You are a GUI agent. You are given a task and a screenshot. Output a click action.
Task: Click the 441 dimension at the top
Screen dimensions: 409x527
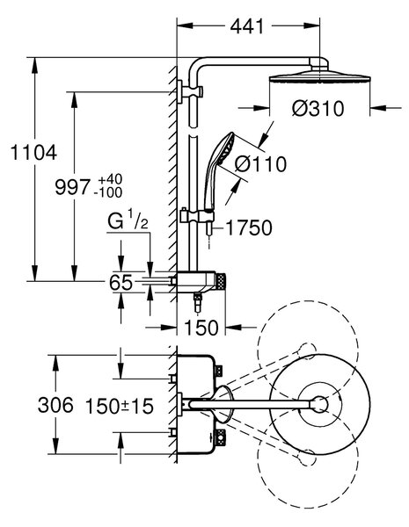(x=247, y=26)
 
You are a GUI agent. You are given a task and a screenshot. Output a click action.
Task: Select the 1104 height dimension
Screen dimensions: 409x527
(x=34, y=153)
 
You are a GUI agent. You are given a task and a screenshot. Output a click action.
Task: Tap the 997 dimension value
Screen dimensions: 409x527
(x=73, y=187)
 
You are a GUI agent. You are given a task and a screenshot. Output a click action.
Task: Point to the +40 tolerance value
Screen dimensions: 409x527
(x=111, y=179)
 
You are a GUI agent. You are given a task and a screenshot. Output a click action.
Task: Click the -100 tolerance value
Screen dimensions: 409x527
(x=108, y=193)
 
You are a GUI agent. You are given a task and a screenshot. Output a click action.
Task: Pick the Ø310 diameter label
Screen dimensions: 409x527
(x=318, y=109)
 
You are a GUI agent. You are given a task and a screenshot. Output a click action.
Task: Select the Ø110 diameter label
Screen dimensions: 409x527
(x=260, y=164)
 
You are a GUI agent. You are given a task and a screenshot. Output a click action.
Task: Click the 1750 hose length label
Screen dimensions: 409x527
(x=249, y=228)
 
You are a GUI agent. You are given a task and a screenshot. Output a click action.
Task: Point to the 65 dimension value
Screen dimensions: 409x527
(x=121, y=283)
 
